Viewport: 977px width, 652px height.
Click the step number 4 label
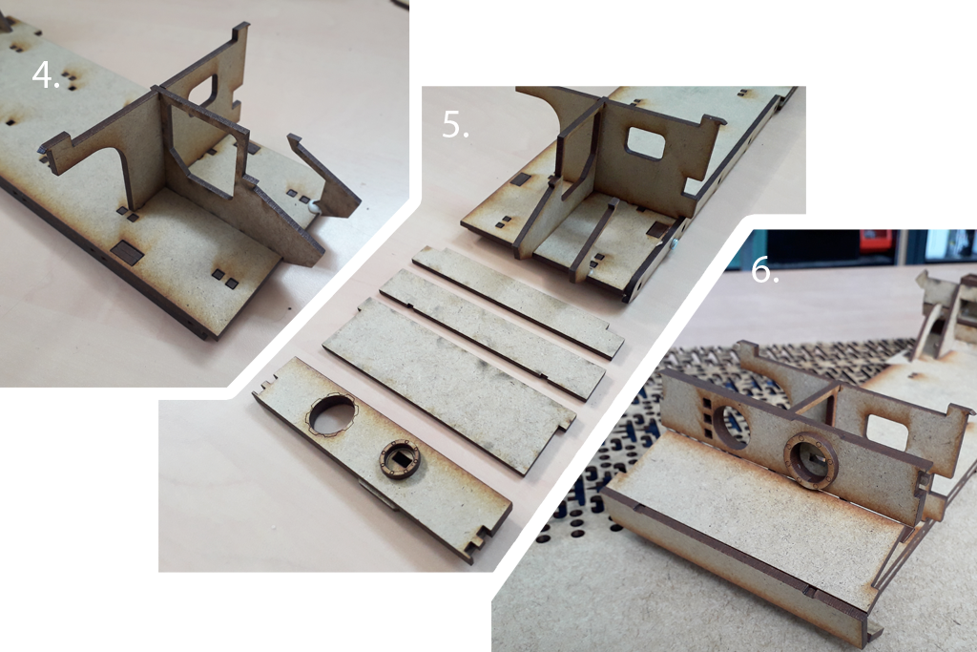coord(46,75)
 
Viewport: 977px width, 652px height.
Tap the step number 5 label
coord(455,124)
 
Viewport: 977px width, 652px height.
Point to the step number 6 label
coord(764,269)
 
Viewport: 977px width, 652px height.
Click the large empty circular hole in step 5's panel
coord(333,414)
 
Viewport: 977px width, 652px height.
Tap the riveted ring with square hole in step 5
coord(400,459)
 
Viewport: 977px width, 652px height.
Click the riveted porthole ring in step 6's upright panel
coord(810,461)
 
